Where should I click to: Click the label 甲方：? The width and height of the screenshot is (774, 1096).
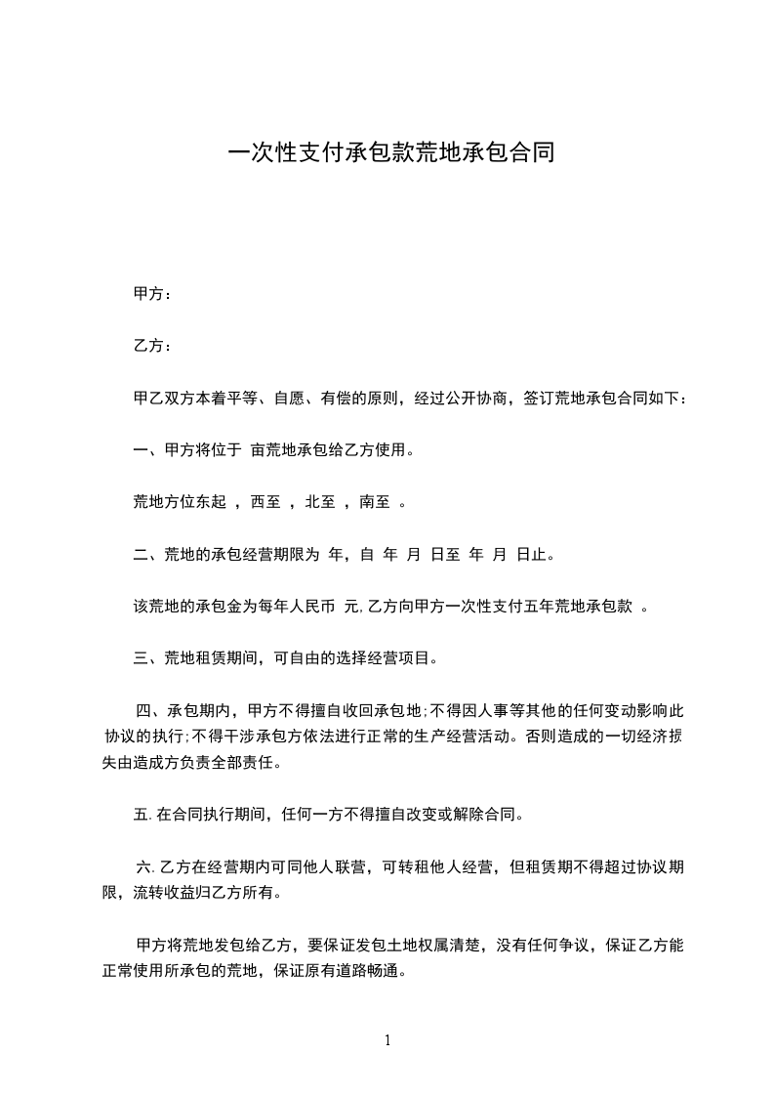(x=152, y=293)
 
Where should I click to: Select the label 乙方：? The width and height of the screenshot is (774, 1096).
(x=152, y=346)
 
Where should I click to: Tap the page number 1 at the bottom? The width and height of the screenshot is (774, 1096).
(x=387, y=1040)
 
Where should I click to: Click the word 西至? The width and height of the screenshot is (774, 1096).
(x=265, y=503)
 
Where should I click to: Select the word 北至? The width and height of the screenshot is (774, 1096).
(x=320, y=503)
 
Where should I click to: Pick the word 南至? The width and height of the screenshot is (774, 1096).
(x=375, y=503)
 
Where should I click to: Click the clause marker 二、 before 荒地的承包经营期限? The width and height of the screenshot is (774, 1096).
(x=144, y=555)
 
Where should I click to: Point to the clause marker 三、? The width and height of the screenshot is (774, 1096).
(x=144, y=658)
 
